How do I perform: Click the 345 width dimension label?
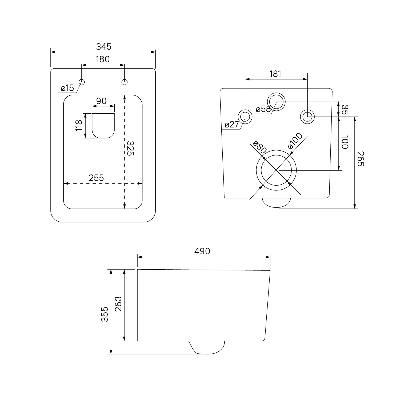tap(103, 47)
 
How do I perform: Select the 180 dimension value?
tap(103, 59)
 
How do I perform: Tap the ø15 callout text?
tap(67, 88)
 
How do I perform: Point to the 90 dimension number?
tap(101, 101)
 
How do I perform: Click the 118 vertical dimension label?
tap(79, 125)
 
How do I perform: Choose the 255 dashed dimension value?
tap(96, 178)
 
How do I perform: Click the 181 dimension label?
tap(275, 74)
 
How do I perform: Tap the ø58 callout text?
tap(263, 109)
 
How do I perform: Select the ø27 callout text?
tap(232, 124)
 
